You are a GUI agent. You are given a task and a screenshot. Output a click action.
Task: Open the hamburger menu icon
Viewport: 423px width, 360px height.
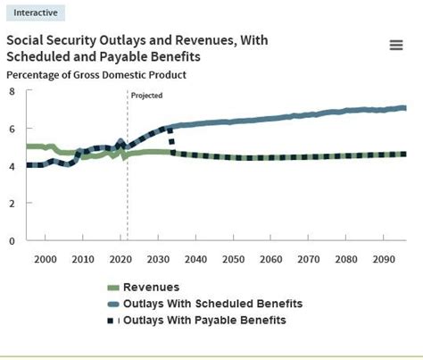point(396,46)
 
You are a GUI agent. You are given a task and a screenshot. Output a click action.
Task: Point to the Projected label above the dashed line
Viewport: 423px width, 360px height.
point(146,95)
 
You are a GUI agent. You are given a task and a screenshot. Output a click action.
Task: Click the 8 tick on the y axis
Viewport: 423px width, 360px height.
point(12,91)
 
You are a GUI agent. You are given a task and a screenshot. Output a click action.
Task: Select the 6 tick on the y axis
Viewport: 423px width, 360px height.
point(12,129)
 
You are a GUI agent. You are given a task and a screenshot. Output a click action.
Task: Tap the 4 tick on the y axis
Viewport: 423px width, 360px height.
point(12,165)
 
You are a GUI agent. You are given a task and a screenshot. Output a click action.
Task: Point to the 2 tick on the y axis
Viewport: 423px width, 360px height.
point(12,203)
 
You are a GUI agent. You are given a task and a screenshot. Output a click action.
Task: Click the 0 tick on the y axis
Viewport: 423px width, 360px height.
point(12,240)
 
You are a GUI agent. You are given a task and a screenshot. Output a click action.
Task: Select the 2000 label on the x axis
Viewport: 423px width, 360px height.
point(45,259)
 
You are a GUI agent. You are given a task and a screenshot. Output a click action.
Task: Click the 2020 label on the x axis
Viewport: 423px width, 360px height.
point(120,259)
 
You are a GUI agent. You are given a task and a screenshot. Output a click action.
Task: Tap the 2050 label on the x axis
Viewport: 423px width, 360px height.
point(233,259)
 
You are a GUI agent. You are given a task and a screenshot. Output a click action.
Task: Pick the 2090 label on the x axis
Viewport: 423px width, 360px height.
point(383,259)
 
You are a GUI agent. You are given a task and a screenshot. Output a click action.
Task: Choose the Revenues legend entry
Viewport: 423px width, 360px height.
point(151,288)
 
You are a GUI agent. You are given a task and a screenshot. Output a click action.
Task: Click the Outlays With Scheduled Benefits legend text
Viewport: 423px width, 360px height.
point(212,304)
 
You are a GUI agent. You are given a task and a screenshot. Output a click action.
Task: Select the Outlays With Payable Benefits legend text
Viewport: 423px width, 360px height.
point(206,320)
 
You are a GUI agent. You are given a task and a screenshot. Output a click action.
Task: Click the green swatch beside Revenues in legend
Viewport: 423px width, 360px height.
point(113,288)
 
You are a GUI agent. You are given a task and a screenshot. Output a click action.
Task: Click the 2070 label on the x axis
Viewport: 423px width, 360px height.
point(308,259)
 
